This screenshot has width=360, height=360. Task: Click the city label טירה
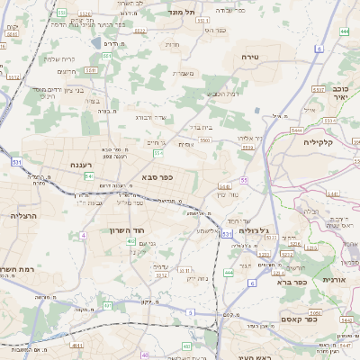(x=250, y=56)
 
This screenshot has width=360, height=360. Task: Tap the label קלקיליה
(x=318, y=141)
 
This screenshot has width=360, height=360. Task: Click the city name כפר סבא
(x=157, y=177)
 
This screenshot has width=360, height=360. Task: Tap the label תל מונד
(x=181, y=13)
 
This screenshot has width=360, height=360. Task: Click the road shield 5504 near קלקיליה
(x=296, y=130)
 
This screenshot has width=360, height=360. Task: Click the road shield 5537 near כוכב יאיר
(x=317, y=90)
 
